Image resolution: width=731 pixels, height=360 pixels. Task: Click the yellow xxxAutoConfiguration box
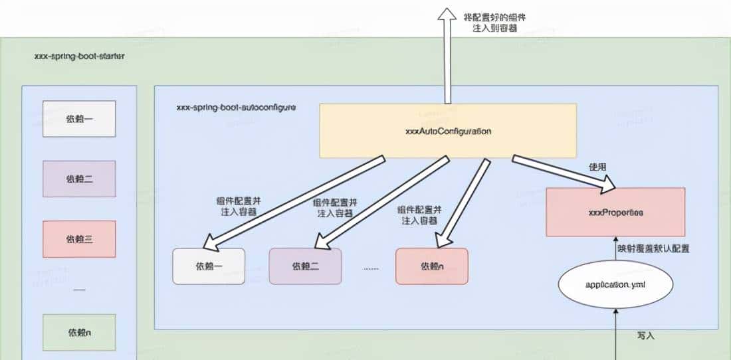pos(448,131)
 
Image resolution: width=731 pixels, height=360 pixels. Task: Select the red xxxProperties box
pos(615,212)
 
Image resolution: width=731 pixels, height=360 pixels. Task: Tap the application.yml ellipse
pos(615,284)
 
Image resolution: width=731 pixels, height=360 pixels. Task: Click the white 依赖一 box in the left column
pos(79,119)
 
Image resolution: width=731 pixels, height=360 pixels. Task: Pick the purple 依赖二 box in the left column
pos(79,179)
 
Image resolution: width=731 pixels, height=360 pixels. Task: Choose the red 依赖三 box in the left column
pos(79,238)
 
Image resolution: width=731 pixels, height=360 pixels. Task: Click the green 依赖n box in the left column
pos(79,331)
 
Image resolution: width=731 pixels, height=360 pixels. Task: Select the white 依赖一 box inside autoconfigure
pos(209,266)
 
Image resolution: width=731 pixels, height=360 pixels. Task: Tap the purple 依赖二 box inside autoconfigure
pos(305,266)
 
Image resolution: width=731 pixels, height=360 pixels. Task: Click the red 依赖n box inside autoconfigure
pos(431,266)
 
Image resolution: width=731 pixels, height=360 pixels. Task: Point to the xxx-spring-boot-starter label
pos(79,56)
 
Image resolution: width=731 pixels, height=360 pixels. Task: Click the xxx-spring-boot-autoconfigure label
pos(236,106)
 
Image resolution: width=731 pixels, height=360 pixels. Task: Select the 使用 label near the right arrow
pos(597,167)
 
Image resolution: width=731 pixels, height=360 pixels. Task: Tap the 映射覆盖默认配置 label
pos(653,248)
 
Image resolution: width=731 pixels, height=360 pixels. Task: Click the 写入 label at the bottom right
pos(645,335)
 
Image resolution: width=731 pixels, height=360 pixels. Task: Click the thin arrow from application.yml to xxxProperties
pos(615,251)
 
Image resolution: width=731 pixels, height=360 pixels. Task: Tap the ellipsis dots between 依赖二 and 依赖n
pos(371,268)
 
